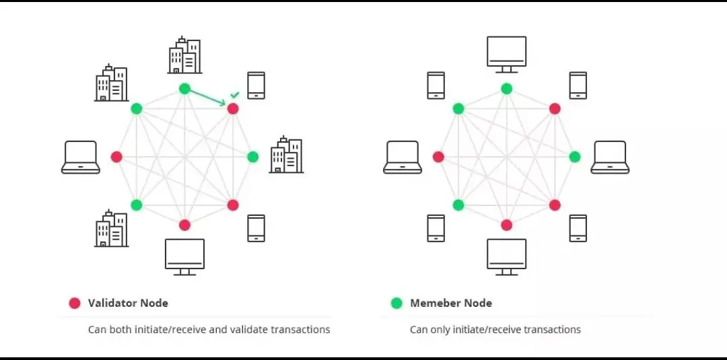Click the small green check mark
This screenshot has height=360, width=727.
(x=234, y=95)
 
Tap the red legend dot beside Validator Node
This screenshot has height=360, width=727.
(x=75, y=303)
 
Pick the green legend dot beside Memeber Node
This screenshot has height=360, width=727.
(x=396, y=303)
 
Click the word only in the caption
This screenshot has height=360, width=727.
(x=440, y=330)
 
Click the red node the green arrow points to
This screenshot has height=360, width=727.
(x=233, y=108)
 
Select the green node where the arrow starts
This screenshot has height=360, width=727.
(x=184, y=89)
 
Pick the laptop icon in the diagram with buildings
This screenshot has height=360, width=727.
(x=81, y=157)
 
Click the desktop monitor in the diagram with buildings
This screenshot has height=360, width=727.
(x=184, y=256)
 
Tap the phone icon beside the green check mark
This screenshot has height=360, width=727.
(x=256, y=85)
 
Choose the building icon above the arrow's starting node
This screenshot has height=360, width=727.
(x=184, y=56)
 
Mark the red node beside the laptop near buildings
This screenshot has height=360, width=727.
(x=116, y=157)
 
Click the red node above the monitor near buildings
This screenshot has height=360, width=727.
(x=184, y=225)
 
